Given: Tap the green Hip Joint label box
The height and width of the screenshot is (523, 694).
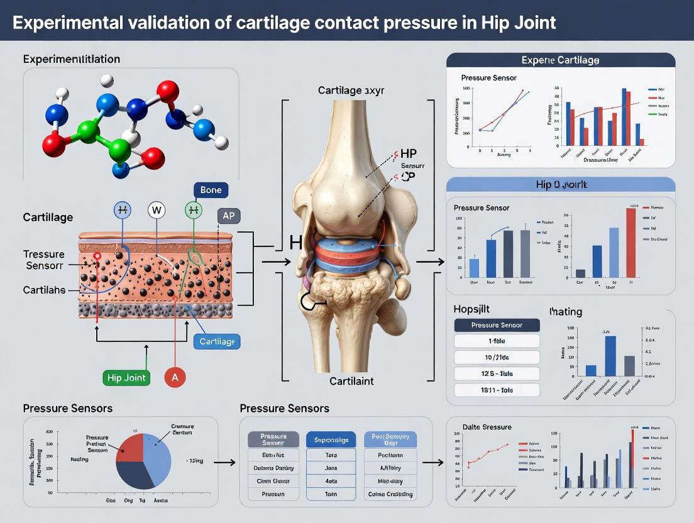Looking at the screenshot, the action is click(126, 378).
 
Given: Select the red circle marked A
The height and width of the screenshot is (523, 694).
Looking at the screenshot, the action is click(174, 377).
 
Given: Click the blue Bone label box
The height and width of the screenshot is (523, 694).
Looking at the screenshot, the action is click(211, 190).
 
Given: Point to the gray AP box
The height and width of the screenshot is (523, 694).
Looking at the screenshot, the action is click(228, 216).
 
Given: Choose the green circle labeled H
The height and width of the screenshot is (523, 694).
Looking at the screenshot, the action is click(194, 209).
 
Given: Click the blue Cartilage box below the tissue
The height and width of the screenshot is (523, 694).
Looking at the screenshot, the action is click(217, 341).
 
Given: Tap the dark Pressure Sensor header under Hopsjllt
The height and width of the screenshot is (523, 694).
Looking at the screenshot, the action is click(497, 325).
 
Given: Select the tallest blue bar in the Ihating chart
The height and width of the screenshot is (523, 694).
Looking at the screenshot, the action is click(610, 355).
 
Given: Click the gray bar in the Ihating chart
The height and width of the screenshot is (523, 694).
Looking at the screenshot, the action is click(629, 365).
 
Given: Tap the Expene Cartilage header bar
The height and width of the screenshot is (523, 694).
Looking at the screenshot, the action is click(560, 60).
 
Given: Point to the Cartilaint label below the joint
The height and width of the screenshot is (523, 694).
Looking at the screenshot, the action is click(351, 382).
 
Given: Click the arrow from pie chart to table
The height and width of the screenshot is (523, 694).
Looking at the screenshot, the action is click(228, 463).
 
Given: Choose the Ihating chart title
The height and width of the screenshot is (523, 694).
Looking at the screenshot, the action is click(565, 311).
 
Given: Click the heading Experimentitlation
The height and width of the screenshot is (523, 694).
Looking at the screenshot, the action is click(72, 59).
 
